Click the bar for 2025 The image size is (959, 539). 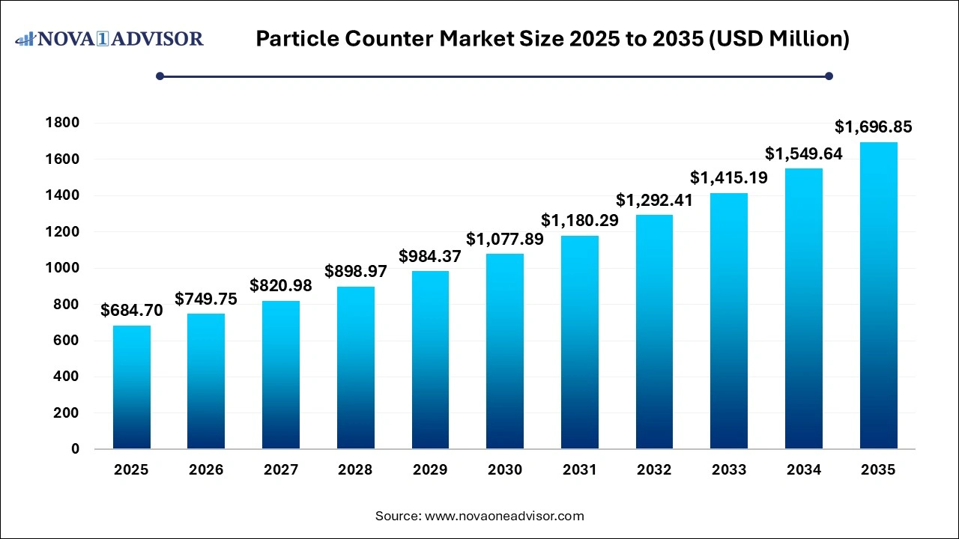132,387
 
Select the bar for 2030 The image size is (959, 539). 505,351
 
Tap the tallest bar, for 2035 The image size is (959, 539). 878,296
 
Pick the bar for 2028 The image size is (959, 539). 356,368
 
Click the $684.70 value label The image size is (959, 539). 132,311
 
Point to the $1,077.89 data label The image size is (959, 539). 505,240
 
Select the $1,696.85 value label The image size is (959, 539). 874,127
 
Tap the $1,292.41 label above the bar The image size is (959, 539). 654,201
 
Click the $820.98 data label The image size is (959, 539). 281,286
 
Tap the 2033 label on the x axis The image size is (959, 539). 729,470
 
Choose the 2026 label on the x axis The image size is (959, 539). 206,470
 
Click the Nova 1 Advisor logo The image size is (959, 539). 109,38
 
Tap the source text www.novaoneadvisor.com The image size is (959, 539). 504,516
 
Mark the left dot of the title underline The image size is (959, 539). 160,76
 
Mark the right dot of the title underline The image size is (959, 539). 829,76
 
